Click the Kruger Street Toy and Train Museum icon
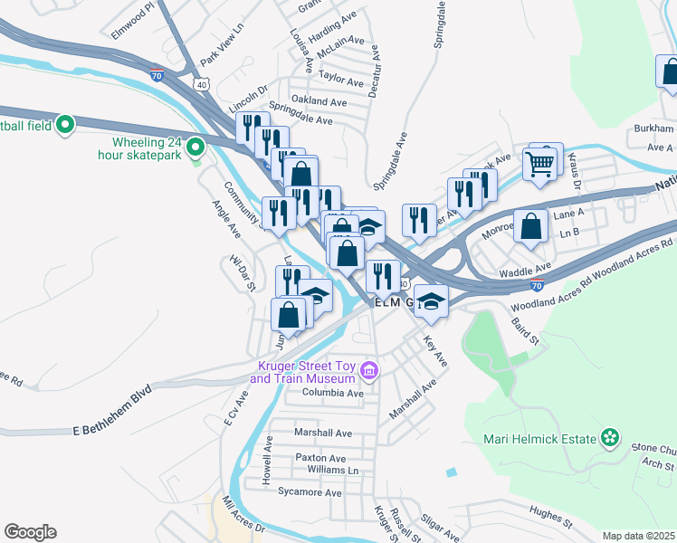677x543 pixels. coord(368,371)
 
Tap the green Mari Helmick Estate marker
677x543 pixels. coord(611,439)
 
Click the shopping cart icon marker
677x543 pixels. coord(539,165)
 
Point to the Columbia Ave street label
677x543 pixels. coord(333,394)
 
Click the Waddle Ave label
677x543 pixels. coord(524,268)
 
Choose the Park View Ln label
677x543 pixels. coord(223,45)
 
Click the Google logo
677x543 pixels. coord(30,532)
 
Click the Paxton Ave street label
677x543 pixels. coord(320,458)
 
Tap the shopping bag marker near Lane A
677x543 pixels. coord(530,225)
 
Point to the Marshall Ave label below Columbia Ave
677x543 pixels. coord(323,433)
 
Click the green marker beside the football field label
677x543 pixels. coord(65,125)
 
